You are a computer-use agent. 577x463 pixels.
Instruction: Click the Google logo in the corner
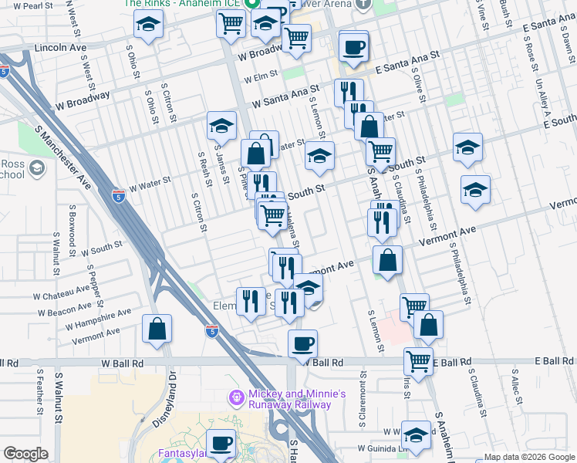pos(25,454)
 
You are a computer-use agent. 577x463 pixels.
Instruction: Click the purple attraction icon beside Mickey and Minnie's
pos(238,398)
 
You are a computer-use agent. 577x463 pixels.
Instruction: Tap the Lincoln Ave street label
pos(60,48)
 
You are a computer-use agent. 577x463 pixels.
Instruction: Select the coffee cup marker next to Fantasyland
pos(222,443)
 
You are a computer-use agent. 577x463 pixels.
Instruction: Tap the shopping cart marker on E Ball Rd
pos(418,360)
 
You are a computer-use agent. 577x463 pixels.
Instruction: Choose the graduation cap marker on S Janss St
pos(221,126)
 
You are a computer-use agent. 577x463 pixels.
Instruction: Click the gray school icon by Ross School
pos(36,167)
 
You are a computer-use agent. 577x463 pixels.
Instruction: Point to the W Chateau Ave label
pos(61,294)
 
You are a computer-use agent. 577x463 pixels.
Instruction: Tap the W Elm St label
pos(259,78)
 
